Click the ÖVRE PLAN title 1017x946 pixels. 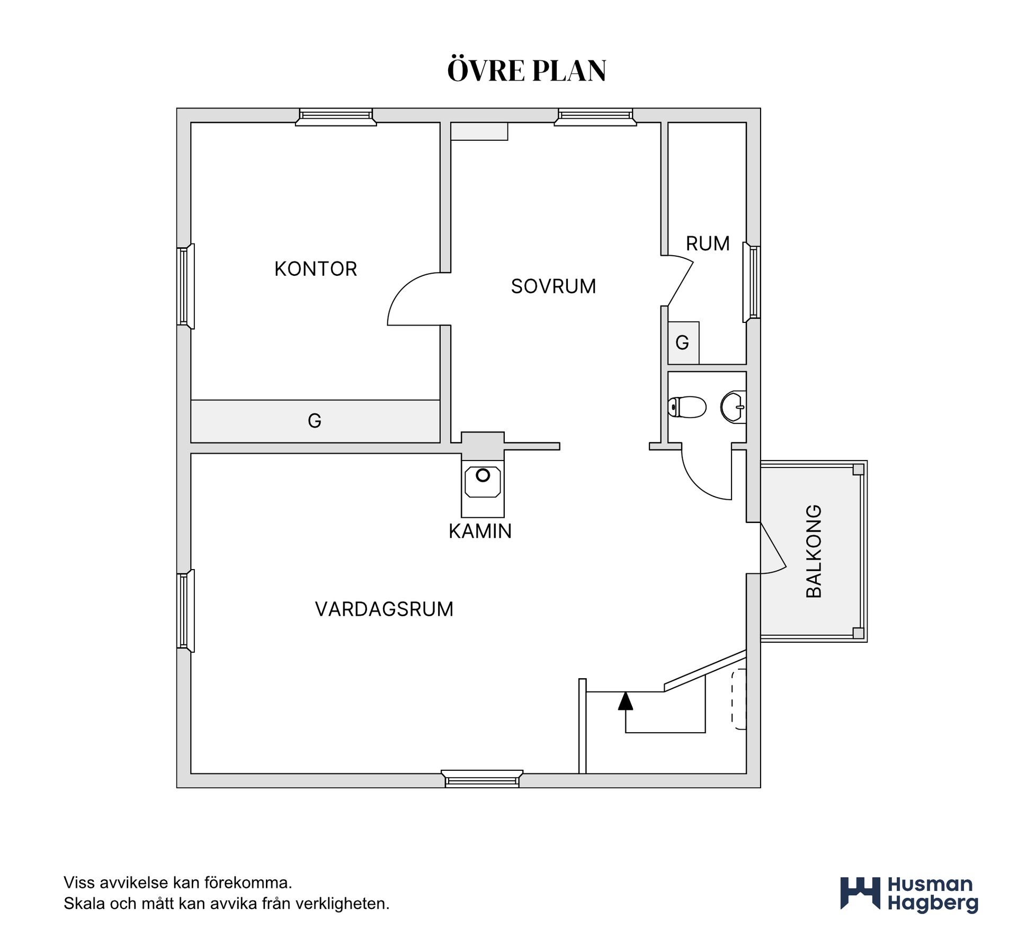pos(527,70)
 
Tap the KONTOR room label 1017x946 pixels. pos(316,269)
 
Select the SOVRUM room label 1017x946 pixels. pos(554,286)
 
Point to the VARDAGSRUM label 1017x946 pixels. pos(384,609)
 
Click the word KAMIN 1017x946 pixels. pos(480,531)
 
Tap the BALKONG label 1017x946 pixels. pos(814,552)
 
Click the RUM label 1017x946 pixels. pos(708,244)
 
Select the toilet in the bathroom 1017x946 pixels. pos(688,407)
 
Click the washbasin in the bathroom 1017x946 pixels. pos(733,407)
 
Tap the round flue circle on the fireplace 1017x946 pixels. pos(483,475)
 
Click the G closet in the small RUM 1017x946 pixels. pos(683,343)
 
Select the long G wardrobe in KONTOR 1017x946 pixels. pos(315,421)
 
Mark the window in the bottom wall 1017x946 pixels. pos(482,779)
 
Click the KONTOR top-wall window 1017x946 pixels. pos(336,117)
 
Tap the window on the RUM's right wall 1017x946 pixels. pos(752,282)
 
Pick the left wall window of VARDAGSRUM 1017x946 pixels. pos(185,611)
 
